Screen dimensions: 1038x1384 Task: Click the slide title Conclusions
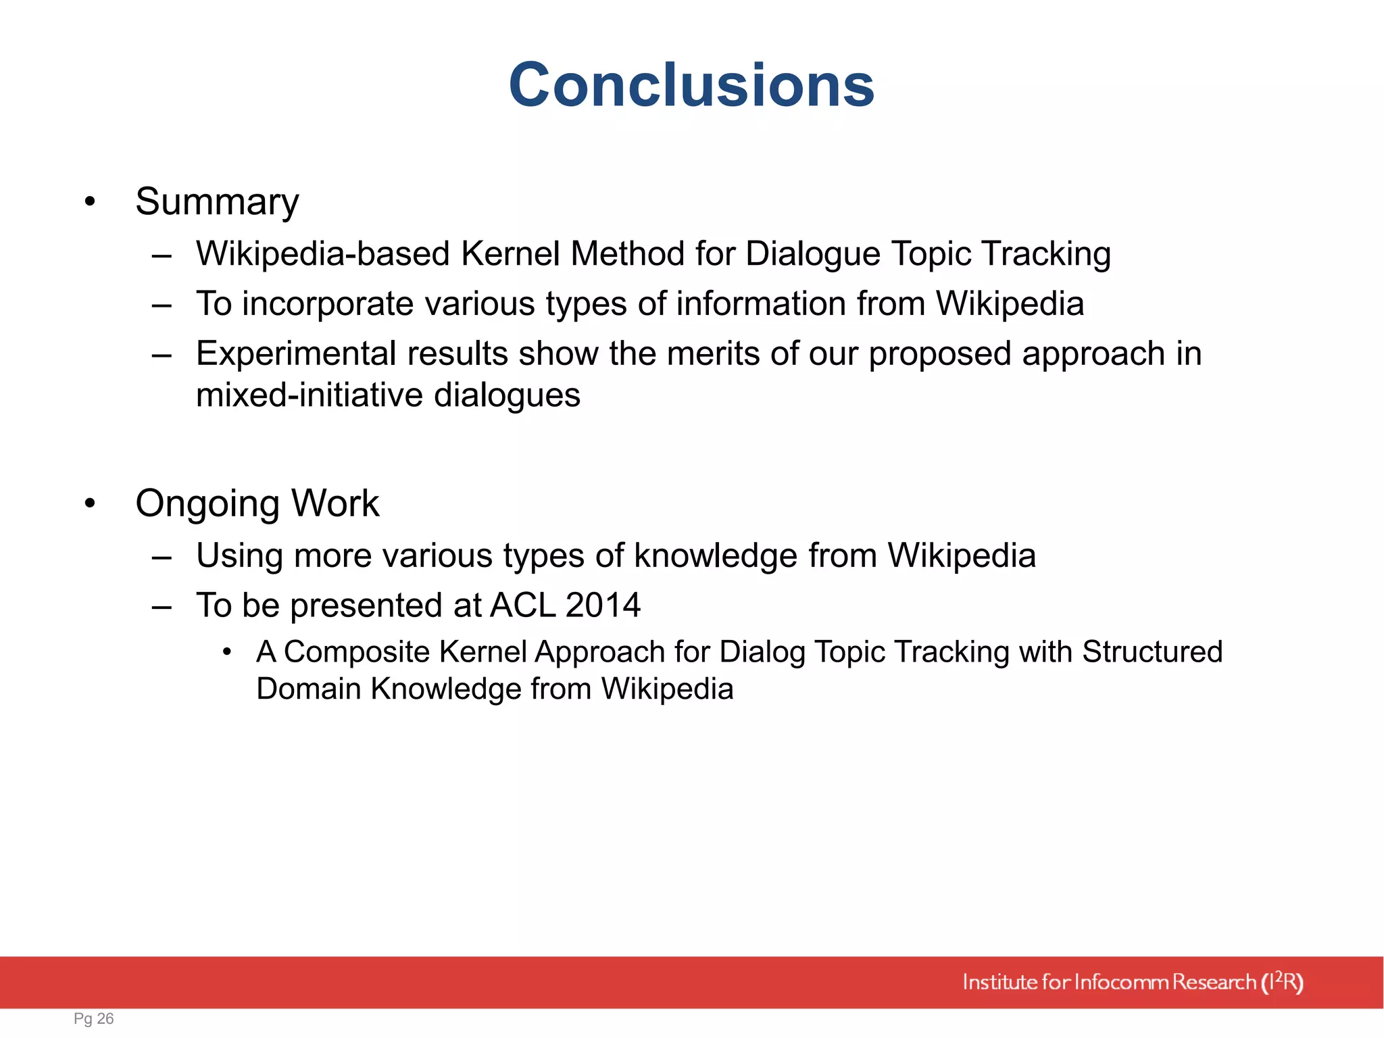point(691,85)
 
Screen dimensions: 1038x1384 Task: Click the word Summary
point(217,201)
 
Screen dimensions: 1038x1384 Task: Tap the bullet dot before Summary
point(90,201)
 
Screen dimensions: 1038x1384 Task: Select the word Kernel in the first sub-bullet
point(510,254)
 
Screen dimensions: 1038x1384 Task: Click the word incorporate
point(328,303)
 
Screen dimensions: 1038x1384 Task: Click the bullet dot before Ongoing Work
point(90,503)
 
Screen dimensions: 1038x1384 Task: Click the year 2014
point(603,605)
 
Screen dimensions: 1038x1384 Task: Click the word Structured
point(1152,652)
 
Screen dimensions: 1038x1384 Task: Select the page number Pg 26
point(93,1018)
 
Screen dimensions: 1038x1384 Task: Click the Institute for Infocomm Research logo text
point(1132,982)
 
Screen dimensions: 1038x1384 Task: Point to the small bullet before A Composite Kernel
point(228,652)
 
